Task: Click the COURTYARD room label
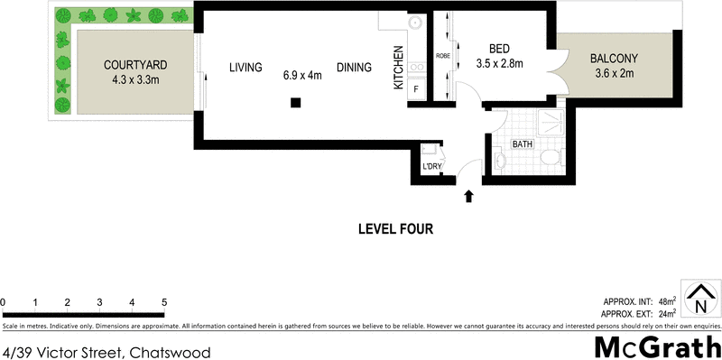[x=135, y=65]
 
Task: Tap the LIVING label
[x=245, y=68]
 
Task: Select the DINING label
[x=354, y=68]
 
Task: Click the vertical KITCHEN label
[x=397, y=69]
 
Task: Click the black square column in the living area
[x=295, y=103]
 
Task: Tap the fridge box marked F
[x=416, y=88]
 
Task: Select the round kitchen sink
[x=416, y=24]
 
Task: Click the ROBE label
[x=443, y=55]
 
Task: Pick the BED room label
[x=500, y=49]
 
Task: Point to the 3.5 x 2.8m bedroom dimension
[x=500, y=63]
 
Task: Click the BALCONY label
[x=615, y=60]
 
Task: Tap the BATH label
[x=523, y=144]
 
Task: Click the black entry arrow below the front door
[x=467, y=195]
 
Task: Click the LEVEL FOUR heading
[x=396, y=229]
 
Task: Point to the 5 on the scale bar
[x=164, y=301]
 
